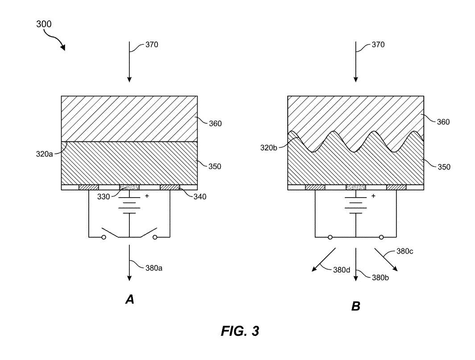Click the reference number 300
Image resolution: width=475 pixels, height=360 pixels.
(x=44, y=24)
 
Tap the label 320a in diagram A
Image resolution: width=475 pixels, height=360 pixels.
(x=44, y=154)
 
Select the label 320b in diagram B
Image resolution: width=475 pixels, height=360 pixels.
(x=268, y=148)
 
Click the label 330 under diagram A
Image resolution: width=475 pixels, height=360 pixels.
(x=103, y=197)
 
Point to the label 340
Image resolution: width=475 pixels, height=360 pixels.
(x=200, y=197)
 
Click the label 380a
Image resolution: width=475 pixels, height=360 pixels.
(x=153, y=268)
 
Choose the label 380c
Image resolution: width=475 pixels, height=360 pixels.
(x=405, y=251)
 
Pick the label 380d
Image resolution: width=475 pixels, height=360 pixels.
(x=342, y=270)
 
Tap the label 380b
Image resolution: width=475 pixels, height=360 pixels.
(x=380, y=277)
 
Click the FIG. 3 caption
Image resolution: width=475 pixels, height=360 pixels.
(x=240, y=331)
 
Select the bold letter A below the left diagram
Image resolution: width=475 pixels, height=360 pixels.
(x=130, y=300)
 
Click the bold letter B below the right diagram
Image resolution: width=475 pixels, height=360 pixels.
(x=355, y=306)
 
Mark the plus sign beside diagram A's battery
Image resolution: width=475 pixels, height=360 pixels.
(x=147, y=196)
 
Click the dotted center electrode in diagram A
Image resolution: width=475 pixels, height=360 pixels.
(x=129, y=187)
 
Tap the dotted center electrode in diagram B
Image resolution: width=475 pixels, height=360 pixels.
(x=355, y=187)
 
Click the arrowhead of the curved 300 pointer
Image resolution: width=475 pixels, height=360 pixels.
(x=63, y=47)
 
